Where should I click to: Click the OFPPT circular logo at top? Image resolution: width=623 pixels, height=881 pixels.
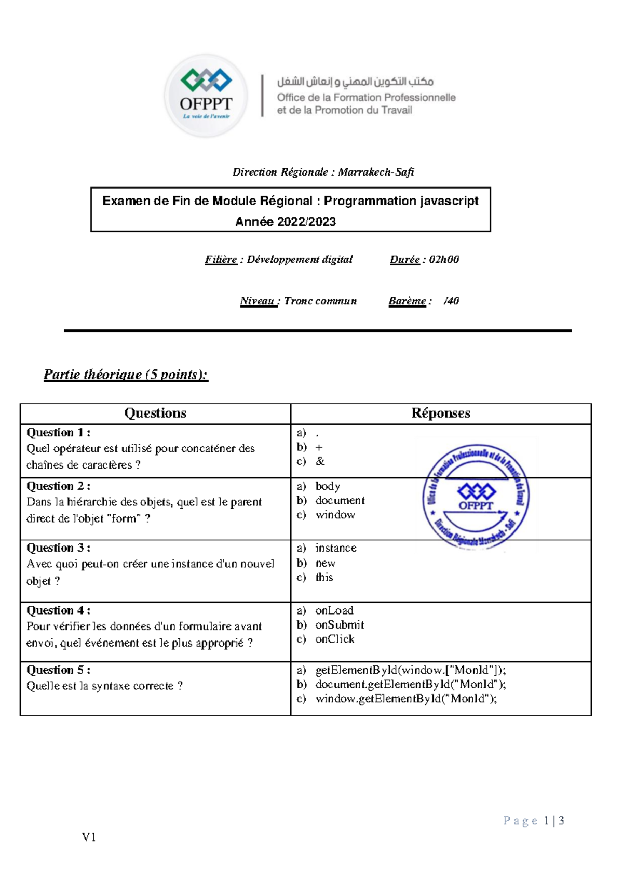pos(206,96)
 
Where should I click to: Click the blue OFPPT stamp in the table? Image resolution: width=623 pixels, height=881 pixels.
pos(476,497)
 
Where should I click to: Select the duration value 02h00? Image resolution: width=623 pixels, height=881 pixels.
pos(444,260)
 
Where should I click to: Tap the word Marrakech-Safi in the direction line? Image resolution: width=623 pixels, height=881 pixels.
pos(376,172)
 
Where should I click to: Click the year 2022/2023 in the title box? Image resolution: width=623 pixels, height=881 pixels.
pos(306,222)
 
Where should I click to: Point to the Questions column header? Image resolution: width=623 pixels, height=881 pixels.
pos(155,413)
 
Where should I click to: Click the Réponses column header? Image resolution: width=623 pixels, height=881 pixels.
pos(441,413)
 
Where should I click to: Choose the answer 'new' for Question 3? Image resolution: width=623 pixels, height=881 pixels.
pos(326,563)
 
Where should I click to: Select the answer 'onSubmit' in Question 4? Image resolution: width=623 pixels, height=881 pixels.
pos(340,625)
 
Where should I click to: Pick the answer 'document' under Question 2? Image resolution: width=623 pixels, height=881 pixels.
pos(340,500)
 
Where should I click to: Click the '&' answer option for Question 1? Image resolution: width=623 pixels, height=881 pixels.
pos(320,461)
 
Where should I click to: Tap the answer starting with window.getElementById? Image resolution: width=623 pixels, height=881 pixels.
pos(406,699)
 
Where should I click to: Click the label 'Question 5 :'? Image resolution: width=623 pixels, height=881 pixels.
pos(58,670)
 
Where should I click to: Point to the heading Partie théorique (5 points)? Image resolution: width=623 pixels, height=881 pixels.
pos(126,375)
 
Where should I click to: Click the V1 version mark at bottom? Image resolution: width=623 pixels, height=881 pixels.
pos(89,837)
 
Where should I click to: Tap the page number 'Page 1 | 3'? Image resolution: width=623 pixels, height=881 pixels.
pos(534,821)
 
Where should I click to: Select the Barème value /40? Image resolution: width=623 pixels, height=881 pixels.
pos(451,301)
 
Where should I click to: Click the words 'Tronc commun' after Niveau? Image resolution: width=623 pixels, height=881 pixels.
pos(320,301)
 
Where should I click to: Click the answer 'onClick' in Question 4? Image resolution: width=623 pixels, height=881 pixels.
pos(335,639)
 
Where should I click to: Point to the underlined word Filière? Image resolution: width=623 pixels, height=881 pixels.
pos(221,260)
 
